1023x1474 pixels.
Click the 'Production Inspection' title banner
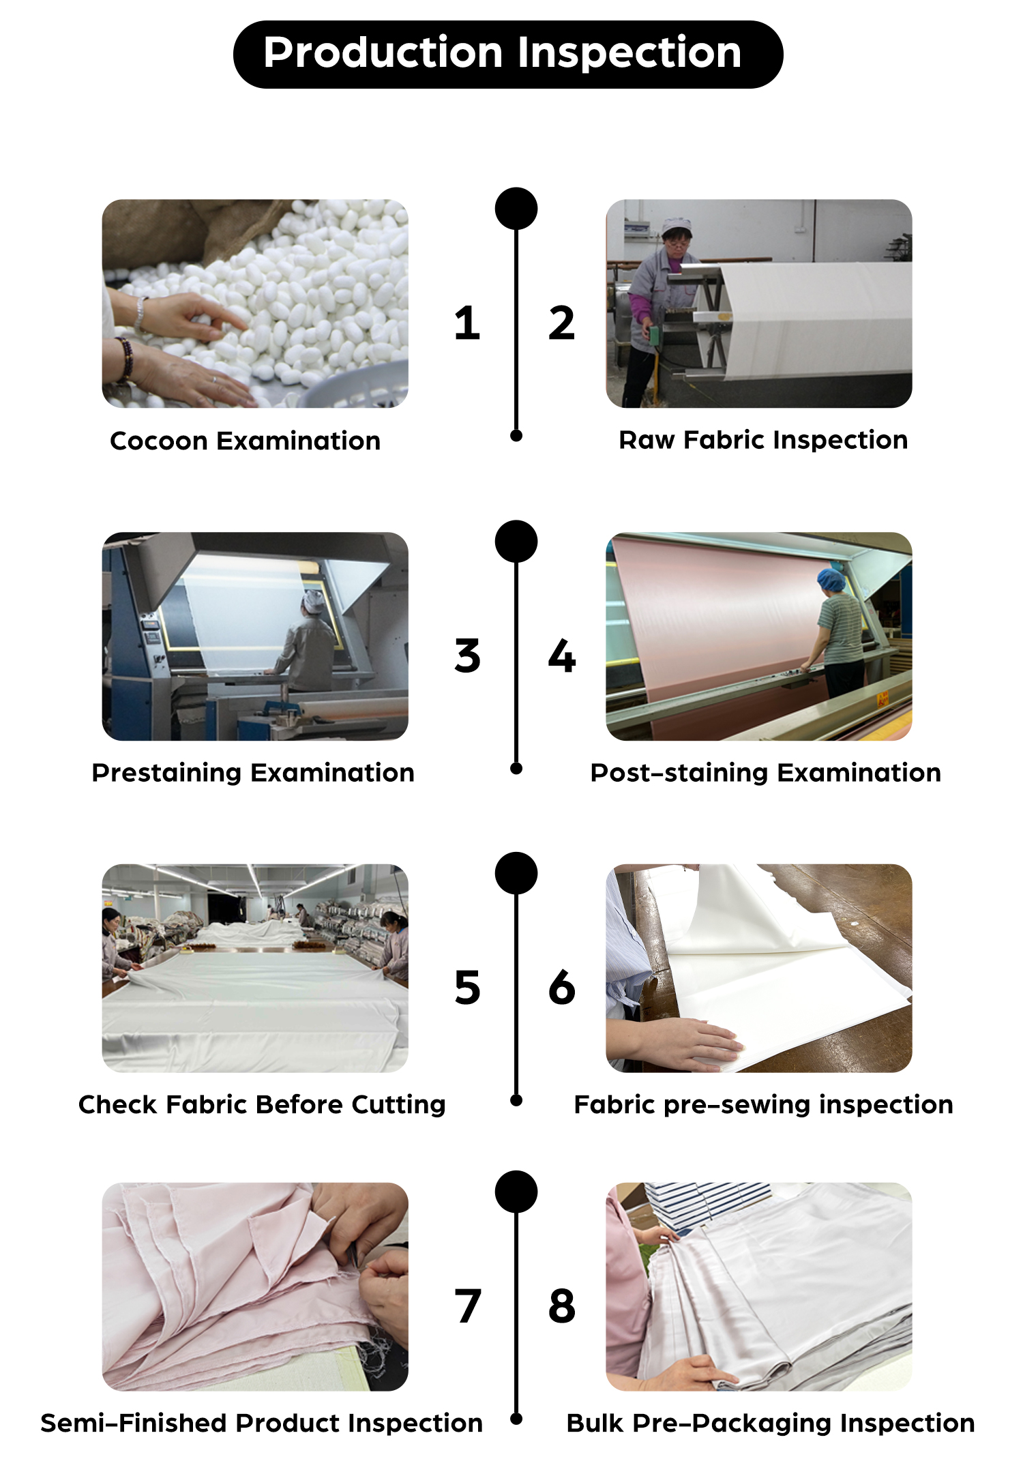tap(508, 54)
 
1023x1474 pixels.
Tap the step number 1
tap(467, 323)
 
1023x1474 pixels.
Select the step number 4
tap(562, 655)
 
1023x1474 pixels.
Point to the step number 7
tap(468, 1306)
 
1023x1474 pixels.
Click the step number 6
tap(562, 987)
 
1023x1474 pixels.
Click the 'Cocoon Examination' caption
tap(246, 441)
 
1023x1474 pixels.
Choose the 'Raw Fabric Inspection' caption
tap(763, 440)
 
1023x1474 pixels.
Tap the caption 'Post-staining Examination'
tap(765, 773)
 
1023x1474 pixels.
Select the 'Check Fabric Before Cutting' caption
tap(262, 1104)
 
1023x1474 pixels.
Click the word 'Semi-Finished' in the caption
tap(134, 1423)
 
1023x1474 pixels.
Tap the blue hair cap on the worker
tap(832, 580)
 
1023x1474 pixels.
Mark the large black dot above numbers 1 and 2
tap(516, 209)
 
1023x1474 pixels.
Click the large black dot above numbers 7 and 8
tap(516, 1192)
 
